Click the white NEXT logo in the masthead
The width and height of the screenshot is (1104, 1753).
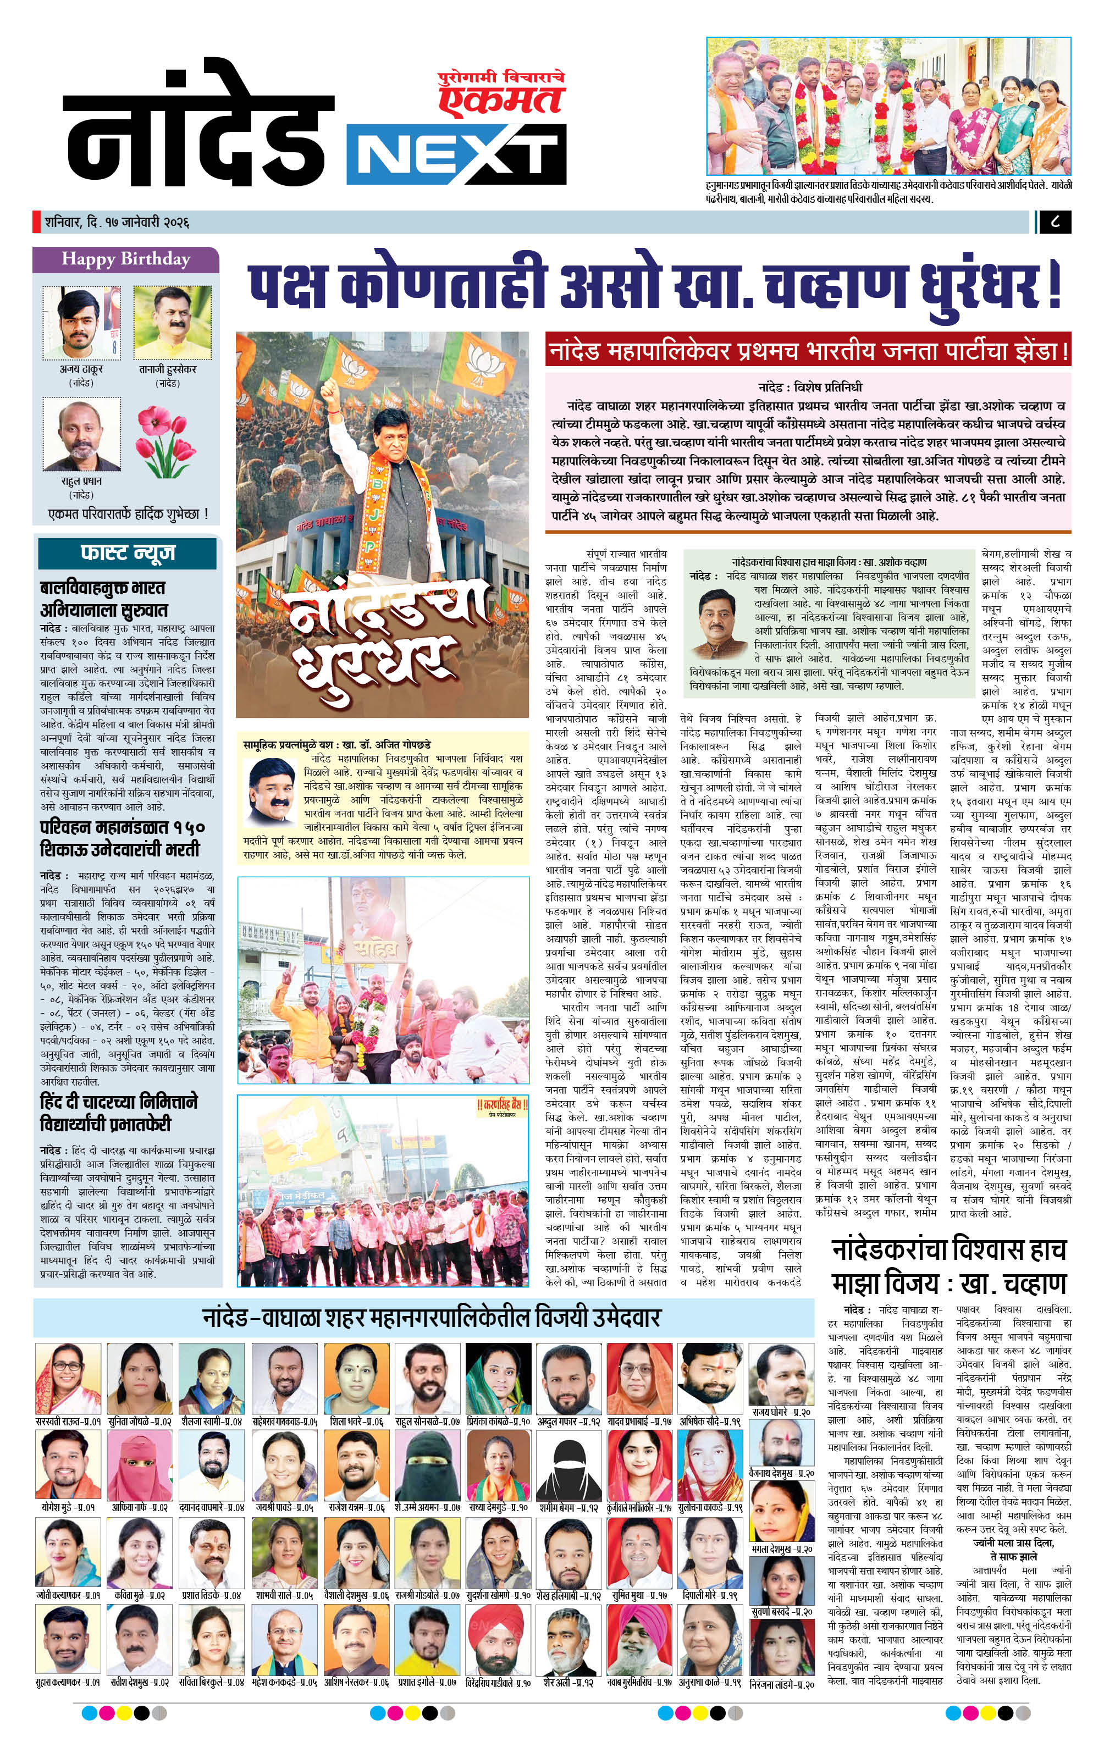pyautogui.click(x=456, y=154)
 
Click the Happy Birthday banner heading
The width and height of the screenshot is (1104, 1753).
pyautogui.click(x=125, y=259)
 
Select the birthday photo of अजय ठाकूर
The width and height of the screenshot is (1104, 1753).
pyautogui.click(x=81, y=323)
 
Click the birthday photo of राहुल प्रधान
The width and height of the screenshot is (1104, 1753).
pyautogui.click(x=81, y=434)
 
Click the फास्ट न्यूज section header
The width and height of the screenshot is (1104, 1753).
pyautogui.click(x=128, y=553)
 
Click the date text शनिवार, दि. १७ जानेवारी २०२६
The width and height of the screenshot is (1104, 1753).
pyautogui.click(x=117, y=222)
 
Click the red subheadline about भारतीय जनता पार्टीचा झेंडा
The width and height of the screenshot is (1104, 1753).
pyautogui.click(x=808, y=352)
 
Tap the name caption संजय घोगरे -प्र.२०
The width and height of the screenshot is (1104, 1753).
pyautogui.click(x=781, y=1412)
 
